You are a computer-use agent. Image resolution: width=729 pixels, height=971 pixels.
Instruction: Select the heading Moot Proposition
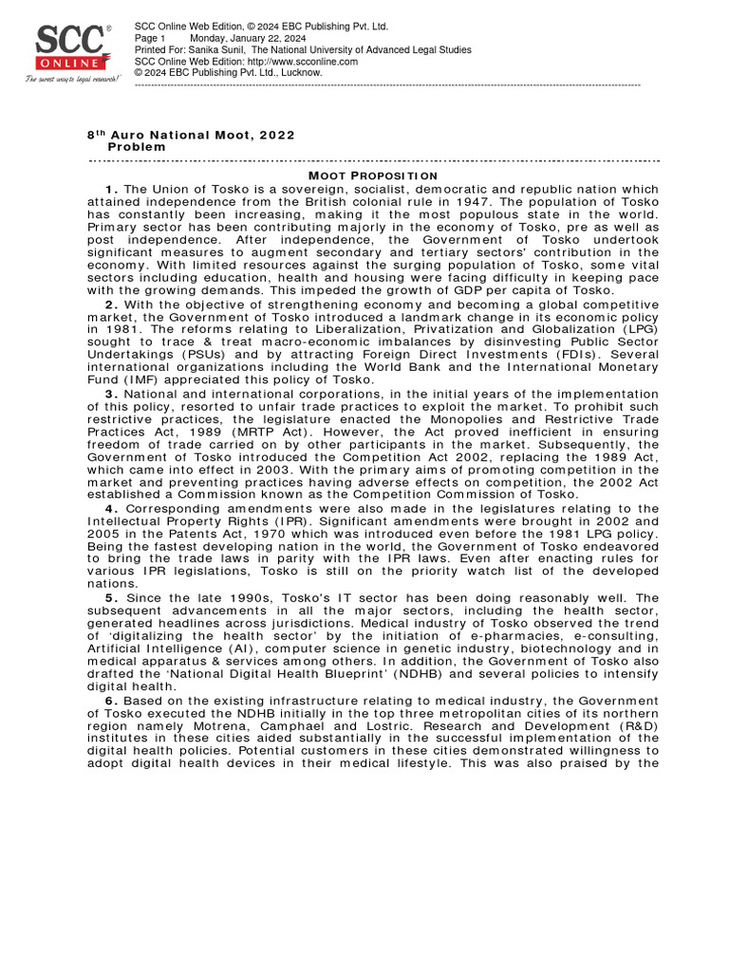pyautogui.click(x=373, y=175)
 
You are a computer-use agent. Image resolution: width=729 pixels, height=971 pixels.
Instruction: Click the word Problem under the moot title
pyautogui.click(x=136, y=147)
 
